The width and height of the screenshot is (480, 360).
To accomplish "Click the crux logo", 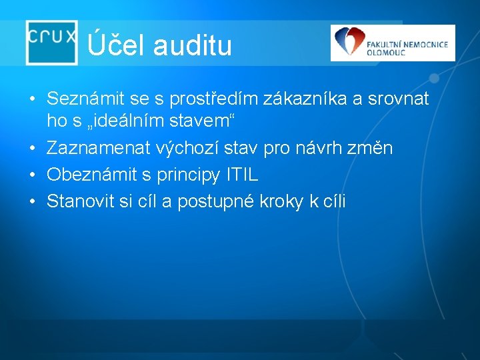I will tap(51, 41).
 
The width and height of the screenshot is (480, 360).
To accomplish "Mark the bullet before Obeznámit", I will tap(32, 175).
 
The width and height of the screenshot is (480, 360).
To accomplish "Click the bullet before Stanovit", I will tap(32, 202).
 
